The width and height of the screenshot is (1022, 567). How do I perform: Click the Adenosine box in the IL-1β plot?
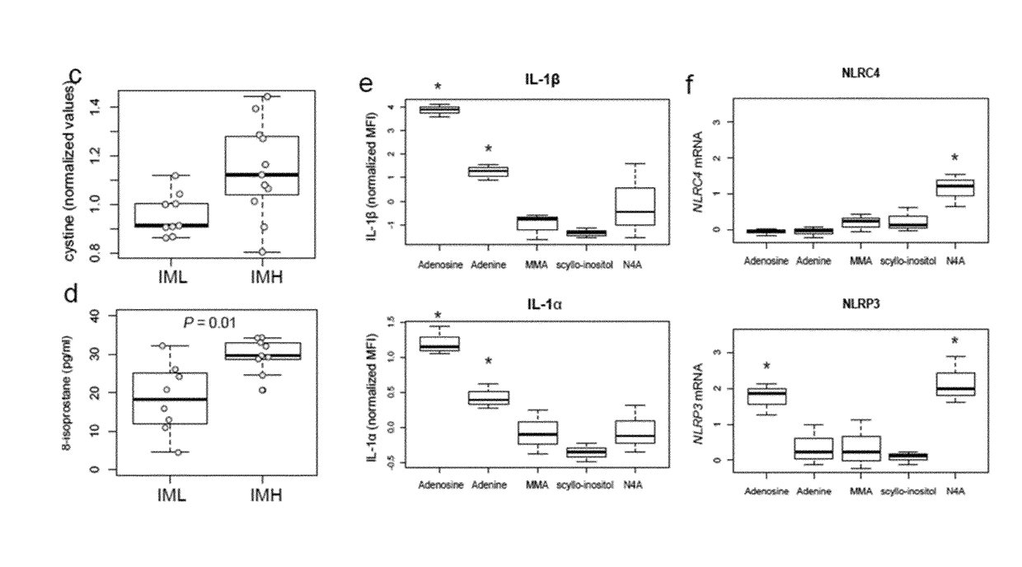click(439, 110)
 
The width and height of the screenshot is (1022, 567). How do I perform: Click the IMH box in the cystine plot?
click(263, 166)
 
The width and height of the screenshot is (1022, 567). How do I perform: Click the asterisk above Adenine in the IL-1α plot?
click(488, 362)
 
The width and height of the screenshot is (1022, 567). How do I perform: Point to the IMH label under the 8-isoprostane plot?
click(264, 497)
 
